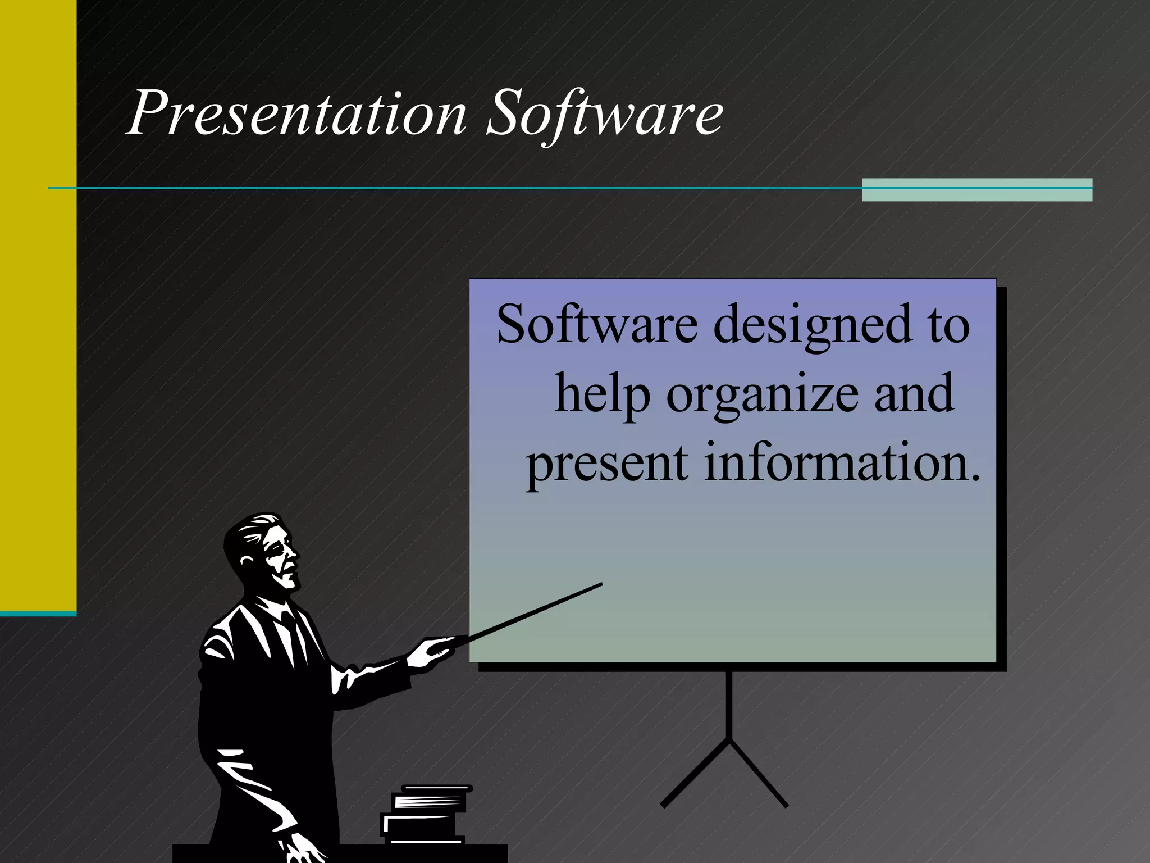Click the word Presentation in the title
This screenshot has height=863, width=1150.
pyautogui.click(x=296, y=113)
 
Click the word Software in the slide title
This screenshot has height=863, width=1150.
pyautogui.click(x=604, y=113)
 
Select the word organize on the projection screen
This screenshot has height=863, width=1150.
pyautogui.click(x=762, y=395)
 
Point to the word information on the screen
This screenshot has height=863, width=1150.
pyautogui.click(x=841, y=463)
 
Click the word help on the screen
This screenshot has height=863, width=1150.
pyautogui.click(x=602, y=395)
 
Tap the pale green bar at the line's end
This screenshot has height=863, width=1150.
pyautogui.click(x=977, y=189)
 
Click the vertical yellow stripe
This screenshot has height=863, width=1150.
pyautogui.click(x=38, y=303)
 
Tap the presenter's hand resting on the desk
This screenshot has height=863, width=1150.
pyautogui.click(x=300, y=848)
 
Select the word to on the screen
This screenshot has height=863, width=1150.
pyautogui.click(x=948, y=326)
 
